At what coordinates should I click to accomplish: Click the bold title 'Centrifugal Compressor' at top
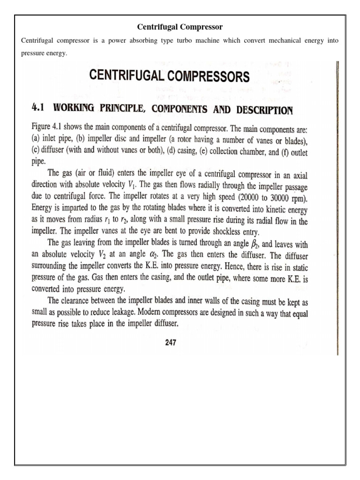[x=180, y=27]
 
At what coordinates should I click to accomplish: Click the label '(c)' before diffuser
[x=35, y=152]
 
